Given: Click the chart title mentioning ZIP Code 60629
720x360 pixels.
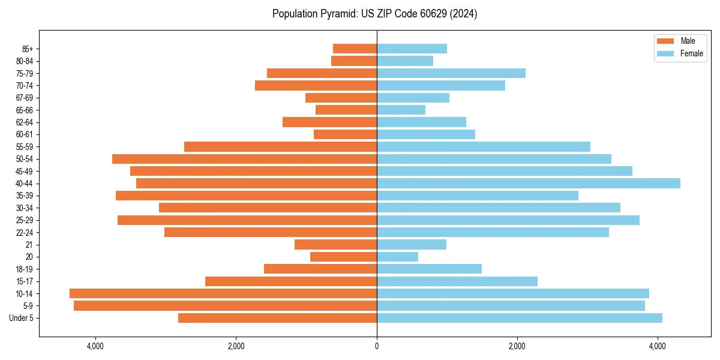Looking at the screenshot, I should pyautogui.click(x=374, y=14).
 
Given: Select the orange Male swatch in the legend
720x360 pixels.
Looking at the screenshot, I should pyautogui.click(x=665, y=41).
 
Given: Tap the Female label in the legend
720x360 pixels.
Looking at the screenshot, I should pyautogui.click(x=692, y=53).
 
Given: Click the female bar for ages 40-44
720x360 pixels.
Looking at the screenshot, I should pyautogui.click(x=528, y=184).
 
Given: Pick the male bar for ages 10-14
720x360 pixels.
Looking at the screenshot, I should pyautogui.click(x=223, y=293).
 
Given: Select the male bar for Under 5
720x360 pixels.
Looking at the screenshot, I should pyautogui.click(x=277, y=318).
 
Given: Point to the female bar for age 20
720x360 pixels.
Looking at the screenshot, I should pyautogui.click(x=397, y=257).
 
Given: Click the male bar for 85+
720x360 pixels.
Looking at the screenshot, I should pyautogui.click(x=355, y=49).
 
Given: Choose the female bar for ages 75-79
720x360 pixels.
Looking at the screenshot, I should pyautogui.click(x=451, y=73).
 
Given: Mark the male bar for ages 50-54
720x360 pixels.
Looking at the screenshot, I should pyautogui.click(x=244, y=159).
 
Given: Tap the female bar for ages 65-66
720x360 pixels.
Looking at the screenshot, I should pyautogui.click(x=401, y=110).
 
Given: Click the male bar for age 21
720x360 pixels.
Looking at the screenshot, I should pyautogui.click(x=335, y=245).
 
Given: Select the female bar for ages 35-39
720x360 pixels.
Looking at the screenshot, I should pyautogui.click(x=477, y=196).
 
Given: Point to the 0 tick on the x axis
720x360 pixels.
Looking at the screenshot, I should pyautogui.click(x=377, y=346).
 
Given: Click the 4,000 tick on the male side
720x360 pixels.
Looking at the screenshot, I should pyautogui.click(x=95, y=346).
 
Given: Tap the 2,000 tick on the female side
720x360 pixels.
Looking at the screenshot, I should pyautogui.click(x=517, y=346).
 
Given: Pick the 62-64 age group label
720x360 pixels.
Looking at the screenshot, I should pyautogui.click(x=25, y=122).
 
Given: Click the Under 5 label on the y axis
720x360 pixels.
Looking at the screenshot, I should pyautogui.click(x=21, y=318).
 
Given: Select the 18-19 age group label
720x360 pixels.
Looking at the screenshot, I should pyautogui.click(x=25, y=269).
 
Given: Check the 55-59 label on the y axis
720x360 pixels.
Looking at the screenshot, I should pyautogui.click(x=25, y=147).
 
